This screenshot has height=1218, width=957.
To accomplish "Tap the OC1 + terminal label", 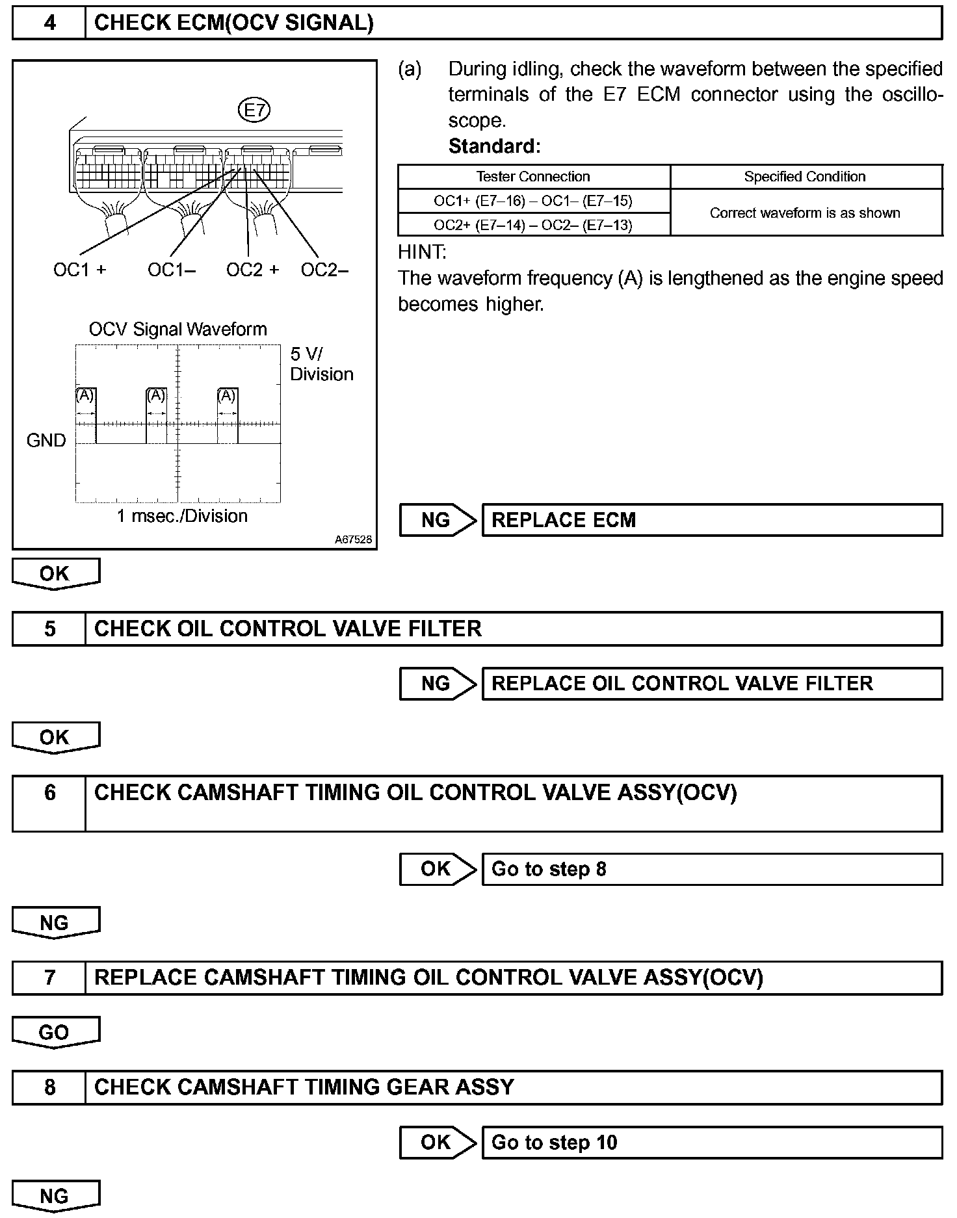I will [79, 270].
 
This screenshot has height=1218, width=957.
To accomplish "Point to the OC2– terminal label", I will [324, 270].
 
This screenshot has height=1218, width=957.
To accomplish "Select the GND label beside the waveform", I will [46, 441].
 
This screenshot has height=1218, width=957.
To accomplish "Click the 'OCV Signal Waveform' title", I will [177, 329].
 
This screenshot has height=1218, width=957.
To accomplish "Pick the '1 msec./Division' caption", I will [182, 516].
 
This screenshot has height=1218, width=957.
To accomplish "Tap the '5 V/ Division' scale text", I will [321, 364].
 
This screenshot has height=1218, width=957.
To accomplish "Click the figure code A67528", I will [354, 539].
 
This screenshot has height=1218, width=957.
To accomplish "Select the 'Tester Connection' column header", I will [533, 177].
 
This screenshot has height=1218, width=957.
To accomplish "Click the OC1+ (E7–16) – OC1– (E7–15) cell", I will [533, 201].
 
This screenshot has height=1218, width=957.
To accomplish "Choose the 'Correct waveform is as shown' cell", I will [805, 213].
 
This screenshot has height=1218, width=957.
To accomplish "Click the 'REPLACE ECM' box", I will [711, 520].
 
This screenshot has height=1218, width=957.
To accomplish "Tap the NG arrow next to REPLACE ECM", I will [437, 520].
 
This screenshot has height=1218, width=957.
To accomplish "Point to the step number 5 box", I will [49, 628].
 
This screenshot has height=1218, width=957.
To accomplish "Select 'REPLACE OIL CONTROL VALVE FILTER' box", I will [711, 684].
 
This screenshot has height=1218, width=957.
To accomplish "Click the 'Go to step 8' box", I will [711, 869].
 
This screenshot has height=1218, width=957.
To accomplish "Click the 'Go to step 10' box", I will [711, 1142].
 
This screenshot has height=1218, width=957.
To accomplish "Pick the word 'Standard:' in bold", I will [494, 146].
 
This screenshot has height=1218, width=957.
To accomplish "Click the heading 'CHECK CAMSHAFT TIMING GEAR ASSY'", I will [304, 1087].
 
